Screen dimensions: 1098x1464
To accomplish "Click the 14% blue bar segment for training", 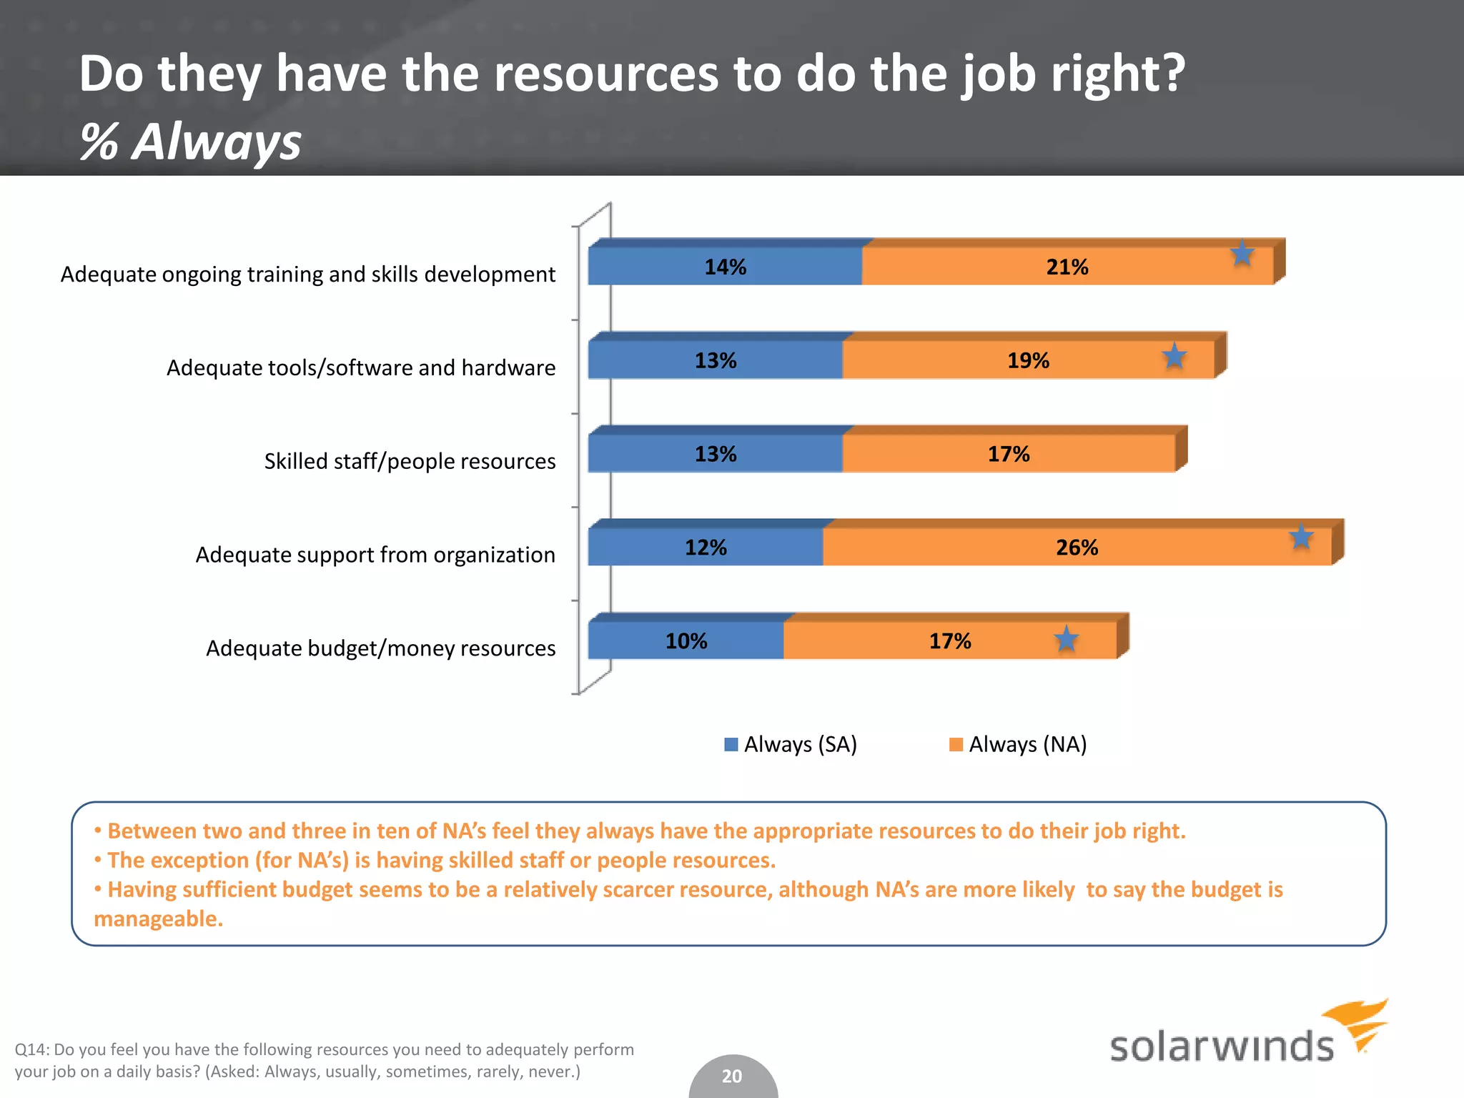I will (x=725, y=267).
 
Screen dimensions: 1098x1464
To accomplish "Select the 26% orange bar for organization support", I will (x=1077, y=548).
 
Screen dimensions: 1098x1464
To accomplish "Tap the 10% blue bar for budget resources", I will (x=686, y=641).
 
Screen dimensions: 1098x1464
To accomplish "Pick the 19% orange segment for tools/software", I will (x=1028, y=360).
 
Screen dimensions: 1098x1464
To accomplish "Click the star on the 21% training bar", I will (x=1242, y=254).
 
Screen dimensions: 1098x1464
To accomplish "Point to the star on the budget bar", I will (x=1066, y=639).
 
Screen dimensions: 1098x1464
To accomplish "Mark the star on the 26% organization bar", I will (x=1301, y=538).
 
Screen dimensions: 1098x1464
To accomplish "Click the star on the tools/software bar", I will (x=1174, y=356).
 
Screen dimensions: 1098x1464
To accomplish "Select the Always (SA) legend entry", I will (x=791, y=745).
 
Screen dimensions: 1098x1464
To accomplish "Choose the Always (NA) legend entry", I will (x=1017, y=745).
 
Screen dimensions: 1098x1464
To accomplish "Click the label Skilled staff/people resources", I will (x=410, y=461).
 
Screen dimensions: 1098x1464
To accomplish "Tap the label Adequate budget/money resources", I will (x=380, y=648).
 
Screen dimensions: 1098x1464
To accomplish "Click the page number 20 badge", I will (x=732, y=1076).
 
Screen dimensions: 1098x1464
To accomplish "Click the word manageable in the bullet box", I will (x=158, y=919).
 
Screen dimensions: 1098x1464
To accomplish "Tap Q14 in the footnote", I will (x=31, y=1049).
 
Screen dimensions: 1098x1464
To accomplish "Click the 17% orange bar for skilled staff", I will (x=1008, y=454).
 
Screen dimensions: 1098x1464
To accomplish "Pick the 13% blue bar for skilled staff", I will (x=715, y=454).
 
